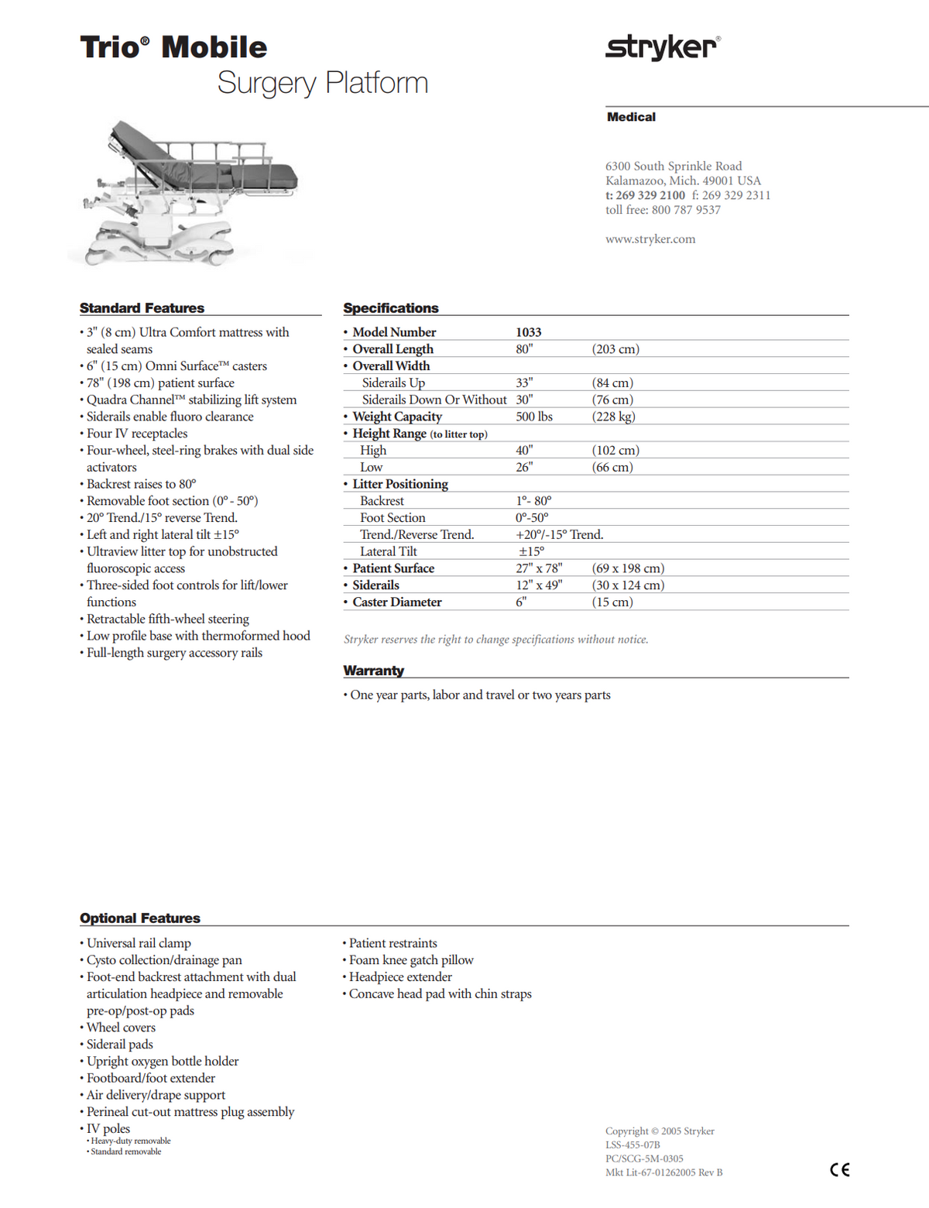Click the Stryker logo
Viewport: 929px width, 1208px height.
pyautogui.click(x=662, y=47)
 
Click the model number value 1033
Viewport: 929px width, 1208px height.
pyautogui.click(x=529, y=332)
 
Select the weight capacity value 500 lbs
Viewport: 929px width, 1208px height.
pyautogui.click(x=534, y=417)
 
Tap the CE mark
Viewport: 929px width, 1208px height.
pyautogui.click(x=839, y=1170)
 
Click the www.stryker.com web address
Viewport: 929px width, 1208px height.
pyautogui.click(x=650, y=239)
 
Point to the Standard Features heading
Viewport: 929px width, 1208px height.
pyautogui.click(x=142, y=308)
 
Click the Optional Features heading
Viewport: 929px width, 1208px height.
pyautogui.click(x=140, y=918)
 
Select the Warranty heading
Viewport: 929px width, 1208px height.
pyautogui.click(x=374, y=671)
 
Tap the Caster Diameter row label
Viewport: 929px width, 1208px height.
pyautogui.click(x=396, y=602)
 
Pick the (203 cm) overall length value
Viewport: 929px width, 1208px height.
pyautogui.click(x=615, y=349)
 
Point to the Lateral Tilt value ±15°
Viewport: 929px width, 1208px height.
pyautogui.click(x=531, y=551)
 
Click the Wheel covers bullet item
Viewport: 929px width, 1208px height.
pyautogui.click(x=121, y=1028)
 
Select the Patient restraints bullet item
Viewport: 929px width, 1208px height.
pyautogui.click(x=393, y=943)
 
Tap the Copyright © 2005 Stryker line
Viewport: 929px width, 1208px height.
pyautogui.click(x=660, y=1131)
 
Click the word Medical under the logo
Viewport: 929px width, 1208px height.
pyautogui.click(x=631, y=117)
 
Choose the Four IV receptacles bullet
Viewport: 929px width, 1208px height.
pyautogui.click(x=137, y=434)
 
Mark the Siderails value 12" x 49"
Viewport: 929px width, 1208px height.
pyautogui.click(x=539, y=585)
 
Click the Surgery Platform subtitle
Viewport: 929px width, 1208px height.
pyautogui.click(x=322, y=83)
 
